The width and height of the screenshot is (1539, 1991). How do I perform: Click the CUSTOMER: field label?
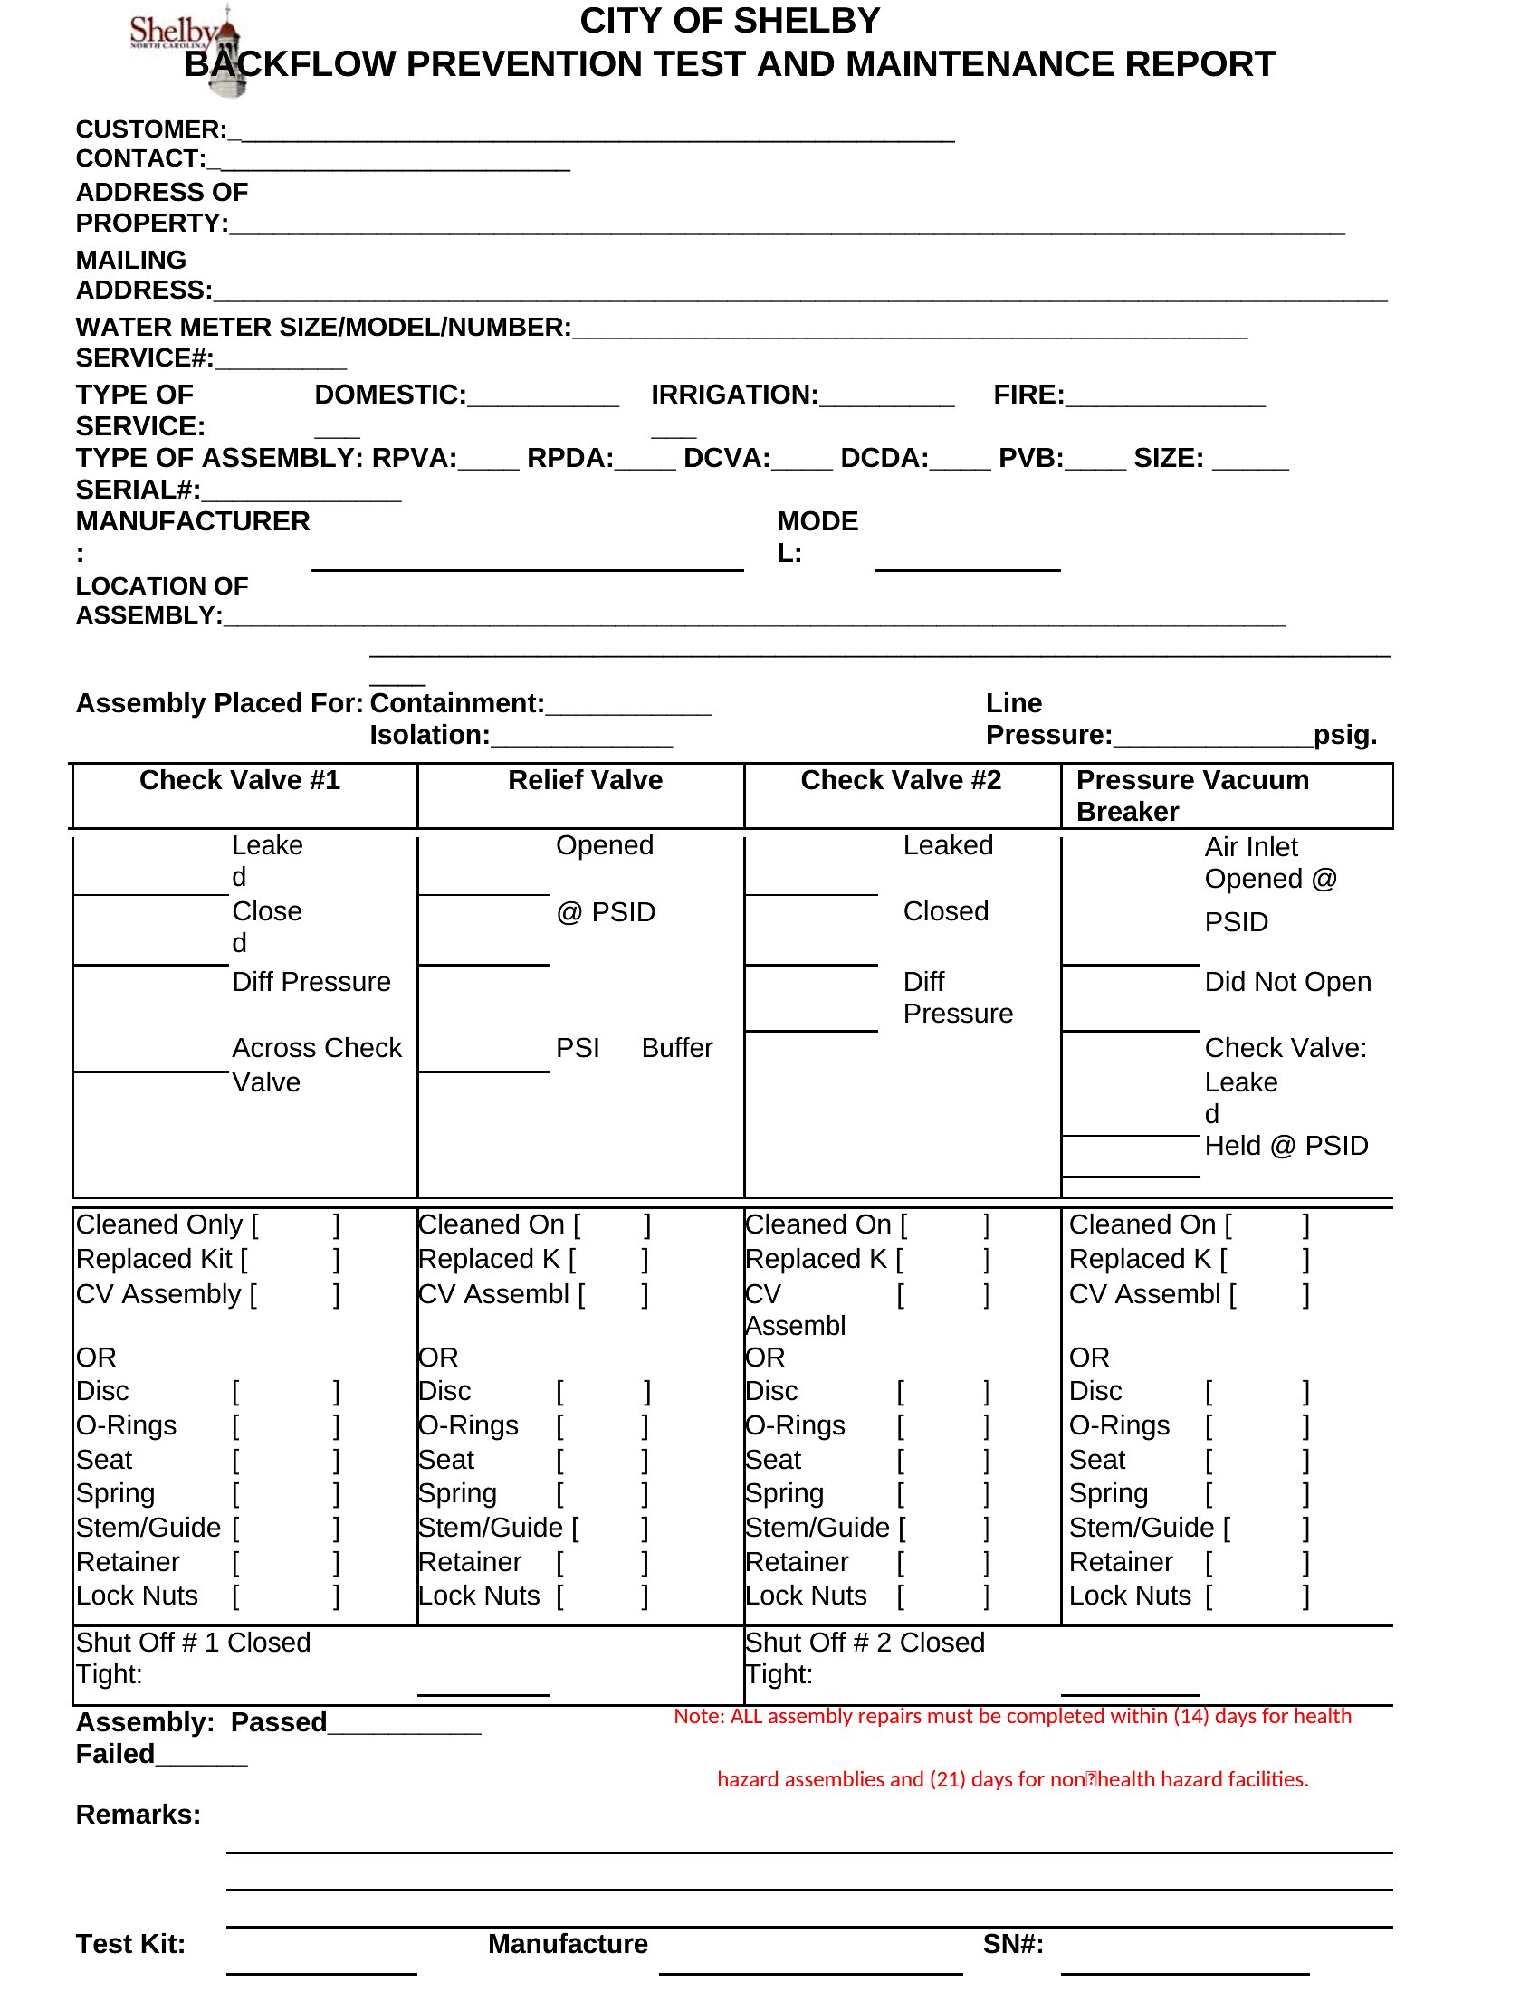(x=150, y=129)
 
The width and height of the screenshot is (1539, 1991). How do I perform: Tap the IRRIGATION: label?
(x=734, y=395)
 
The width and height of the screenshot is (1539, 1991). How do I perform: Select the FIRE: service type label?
(x=1028, y=395)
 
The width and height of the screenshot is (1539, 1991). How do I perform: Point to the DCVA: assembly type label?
(x=727, y=458)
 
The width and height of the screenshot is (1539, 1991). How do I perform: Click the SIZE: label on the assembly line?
(x=1168, y=458)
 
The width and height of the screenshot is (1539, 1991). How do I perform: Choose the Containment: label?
(x=457, y=703)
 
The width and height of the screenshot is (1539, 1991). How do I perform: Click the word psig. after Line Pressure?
(x=1344, y=735)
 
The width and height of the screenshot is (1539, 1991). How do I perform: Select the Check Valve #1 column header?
(x=240, y=780)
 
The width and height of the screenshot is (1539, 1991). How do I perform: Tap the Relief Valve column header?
(x=586, y=780)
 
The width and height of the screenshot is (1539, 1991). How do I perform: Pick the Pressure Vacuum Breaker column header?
(x=1192, y=795)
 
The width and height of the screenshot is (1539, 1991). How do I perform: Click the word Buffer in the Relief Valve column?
(x=676, y=1048)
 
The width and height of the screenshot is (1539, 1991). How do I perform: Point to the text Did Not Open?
(x=1287, y=982)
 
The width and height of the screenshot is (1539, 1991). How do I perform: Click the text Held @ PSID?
(x=1286, y=1146)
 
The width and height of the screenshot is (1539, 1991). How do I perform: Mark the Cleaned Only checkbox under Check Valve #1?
(x=295, y=1225)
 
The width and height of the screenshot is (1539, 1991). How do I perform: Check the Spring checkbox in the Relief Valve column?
(x=603, y=1494)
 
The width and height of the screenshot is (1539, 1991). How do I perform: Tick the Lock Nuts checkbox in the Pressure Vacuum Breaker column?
(x=1258, y=1596)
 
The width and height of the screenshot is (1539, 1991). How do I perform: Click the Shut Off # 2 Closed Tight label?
(x=865, y=1658)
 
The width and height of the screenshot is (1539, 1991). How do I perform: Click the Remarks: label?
(x=138, y=1815)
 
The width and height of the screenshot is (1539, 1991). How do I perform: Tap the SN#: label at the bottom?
(x=1012, y=1944)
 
